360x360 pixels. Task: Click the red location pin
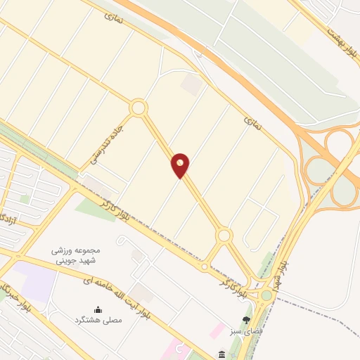pyautogui.click(x=181, y=165)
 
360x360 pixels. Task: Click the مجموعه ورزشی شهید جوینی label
pyautogui.click(x=77, y=255)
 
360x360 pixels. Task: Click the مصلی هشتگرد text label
pyautogui.click(x=98, y=320)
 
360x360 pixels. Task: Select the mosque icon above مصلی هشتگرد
pyautogui.click(x=98, y=309)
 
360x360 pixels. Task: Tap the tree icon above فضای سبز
pyautogui.click(x=246, y=320)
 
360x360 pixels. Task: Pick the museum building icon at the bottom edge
pyautogui.click(x=222, y=353)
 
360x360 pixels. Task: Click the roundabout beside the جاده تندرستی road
pyautogui.click(x=138, y=108)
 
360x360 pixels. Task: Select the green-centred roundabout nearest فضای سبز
pyautogui.click(x=266, y=296)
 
